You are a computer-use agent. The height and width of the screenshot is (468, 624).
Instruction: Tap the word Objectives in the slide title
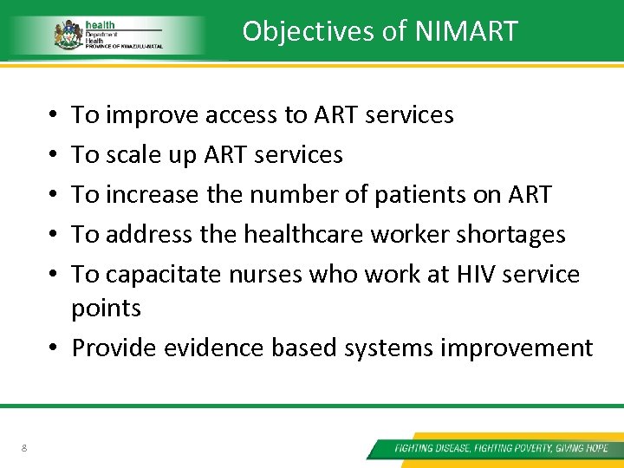pos(308,31)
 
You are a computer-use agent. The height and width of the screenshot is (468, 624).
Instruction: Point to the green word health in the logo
pos(101,25)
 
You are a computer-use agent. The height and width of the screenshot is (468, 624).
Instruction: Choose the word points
pos(106,308)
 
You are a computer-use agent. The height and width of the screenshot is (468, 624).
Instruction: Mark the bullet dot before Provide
pos(54,348)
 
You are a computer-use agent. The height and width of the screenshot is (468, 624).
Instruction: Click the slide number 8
pos(24,448)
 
